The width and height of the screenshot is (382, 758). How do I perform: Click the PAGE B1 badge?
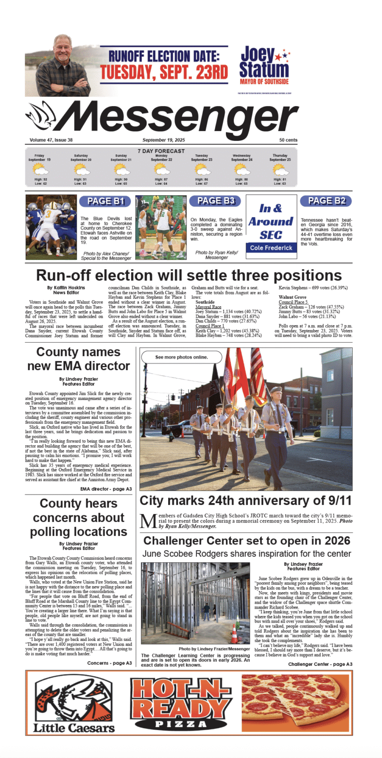[x=105, y=201]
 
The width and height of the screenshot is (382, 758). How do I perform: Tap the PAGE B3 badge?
[x=215, y=201]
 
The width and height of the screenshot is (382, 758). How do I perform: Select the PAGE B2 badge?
[x=326, y=201]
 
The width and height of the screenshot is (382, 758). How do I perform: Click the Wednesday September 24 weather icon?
[x=242, y=169]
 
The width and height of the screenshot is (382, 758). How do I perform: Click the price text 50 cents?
[x=288, y=140]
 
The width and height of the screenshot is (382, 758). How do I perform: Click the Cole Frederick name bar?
[x=271, y=248]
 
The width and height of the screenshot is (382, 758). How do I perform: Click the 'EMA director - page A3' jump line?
[x=106, y=489]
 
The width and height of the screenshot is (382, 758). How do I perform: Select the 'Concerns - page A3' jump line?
[x=109, y=663]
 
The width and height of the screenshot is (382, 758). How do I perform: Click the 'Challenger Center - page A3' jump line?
[x=320, y=664]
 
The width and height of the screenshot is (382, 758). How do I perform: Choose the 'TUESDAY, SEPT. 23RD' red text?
[x=164, y=71]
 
